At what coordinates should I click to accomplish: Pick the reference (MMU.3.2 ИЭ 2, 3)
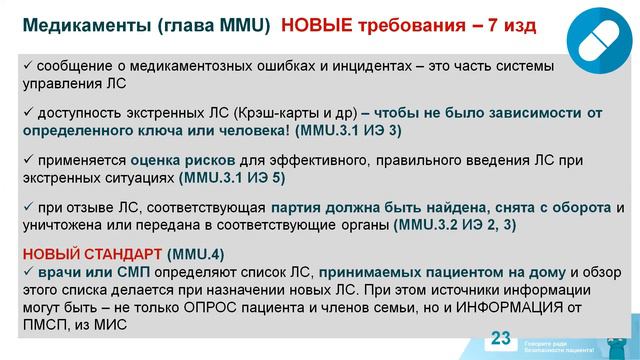click(456, 225)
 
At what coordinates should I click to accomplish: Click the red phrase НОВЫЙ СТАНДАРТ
click(93, 253)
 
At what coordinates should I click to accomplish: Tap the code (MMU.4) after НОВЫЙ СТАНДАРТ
click(196, 253)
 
